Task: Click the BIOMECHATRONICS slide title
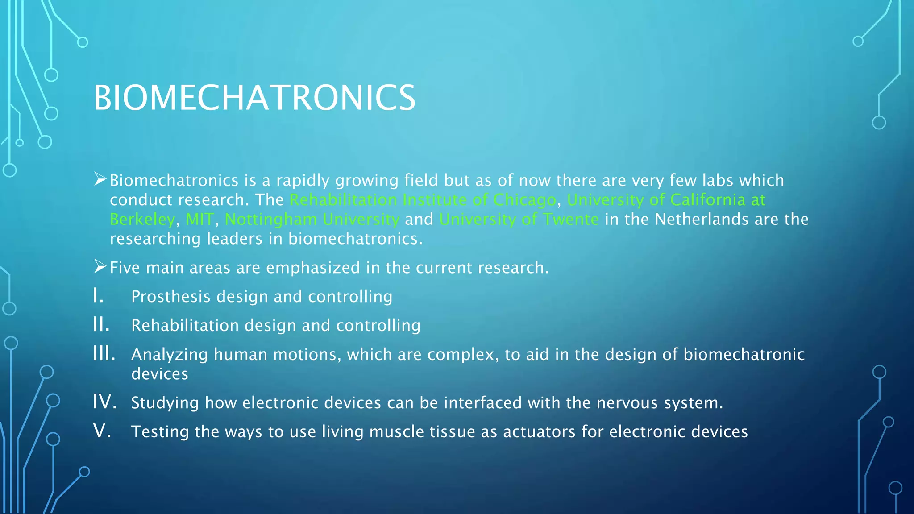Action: pyautogui.click(x=254, y=98)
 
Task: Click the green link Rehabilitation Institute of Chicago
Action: pyautogui.click(x=423, y=200)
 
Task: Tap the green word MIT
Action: pyautogui.click(x=199, y=220)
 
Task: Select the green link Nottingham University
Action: pyautogui.click(x=312, y=220)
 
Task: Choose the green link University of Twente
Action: pyautogui.click(x=519, y=220)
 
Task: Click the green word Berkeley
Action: pyautogui.click(x=142, y=220)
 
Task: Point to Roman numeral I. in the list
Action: pyautogui.click(x=99, y=295)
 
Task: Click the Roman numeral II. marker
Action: pyautogui.click(x=101, y=324)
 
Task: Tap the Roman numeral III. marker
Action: pyautogui.click(x=104, y=353)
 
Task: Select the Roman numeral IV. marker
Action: pyautogui.click(x=105, y=402)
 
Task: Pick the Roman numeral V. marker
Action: pyautogui.click(x=102, y=431)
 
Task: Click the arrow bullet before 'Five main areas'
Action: pyautogui.click(x=100, y=267)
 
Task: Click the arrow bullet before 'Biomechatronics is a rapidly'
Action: pyautogui.click(x=100, y=179)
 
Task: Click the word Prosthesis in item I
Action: pyautogui.click(x=170, y=297)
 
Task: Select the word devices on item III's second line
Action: pyautogui.click(x=160, y=374)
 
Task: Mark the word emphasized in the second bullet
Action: pyautogui.click(x=313, y=268)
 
